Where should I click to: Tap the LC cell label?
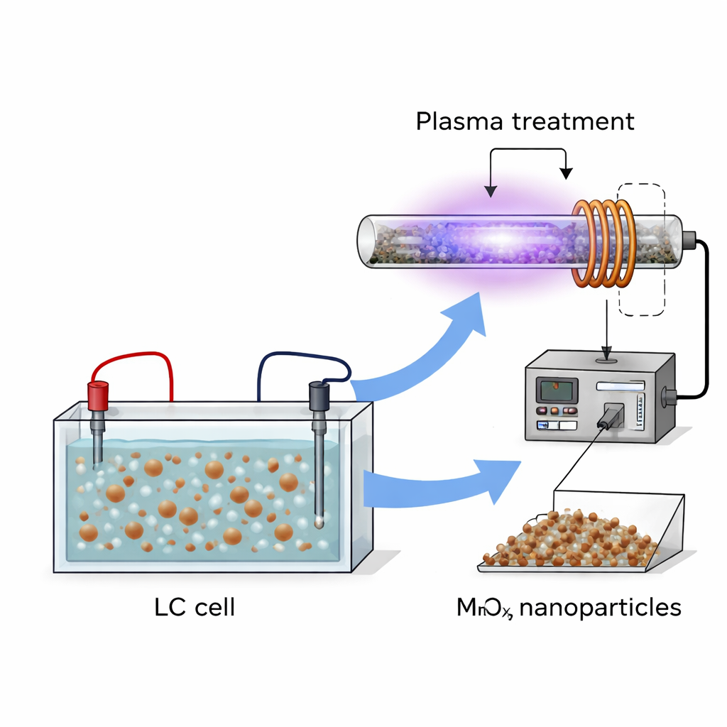coord(194,608)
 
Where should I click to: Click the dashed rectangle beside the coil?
coord(643,248)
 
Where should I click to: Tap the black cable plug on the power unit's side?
coord(668,395)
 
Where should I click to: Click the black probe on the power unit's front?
coord(609,416)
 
